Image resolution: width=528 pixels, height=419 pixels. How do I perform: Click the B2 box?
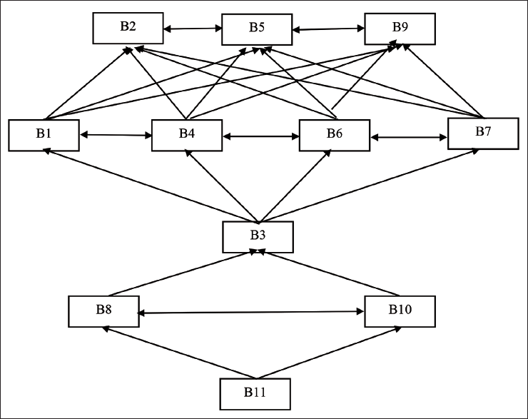128,29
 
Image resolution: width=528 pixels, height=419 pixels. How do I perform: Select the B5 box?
257,29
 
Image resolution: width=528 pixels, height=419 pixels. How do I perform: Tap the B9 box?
400,29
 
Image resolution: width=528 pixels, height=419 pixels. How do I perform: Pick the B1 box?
44,135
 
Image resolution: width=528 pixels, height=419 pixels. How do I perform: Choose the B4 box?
187,135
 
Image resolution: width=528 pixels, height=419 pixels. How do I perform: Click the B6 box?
335,135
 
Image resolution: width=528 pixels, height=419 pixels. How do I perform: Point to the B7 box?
483,133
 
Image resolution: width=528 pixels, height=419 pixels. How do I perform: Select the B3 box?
258,237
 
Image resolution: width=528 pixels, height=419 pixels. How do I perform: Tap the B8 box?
103,311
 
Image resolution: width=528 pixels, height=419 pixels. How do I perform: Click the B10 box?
400,311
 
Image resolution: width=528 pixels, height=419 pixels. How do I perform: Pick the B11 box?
255,394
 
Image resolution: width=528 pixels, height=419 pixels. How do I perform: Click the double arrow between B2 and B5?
193,29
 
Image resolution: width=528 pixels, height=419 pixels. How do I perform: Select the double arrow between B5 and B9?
328,29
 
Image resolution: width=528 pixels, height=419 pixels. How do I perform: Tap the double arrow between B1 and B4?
116,135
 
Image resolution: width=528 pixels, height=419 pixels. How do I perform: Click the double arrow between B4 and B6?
260,136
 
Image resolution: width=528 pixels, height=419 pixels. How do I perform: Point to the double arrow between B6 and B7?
409,138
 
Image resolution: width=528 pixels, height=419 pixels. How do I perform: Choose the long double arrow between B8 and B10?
250,313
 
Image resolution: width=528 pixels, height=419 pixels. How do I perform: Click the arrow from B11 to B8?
179,353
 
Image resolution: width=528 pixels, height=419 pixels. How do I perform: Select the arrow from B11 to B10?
329,353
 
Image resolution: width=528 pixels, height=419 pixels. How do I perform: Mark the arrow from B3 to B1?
151,186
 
